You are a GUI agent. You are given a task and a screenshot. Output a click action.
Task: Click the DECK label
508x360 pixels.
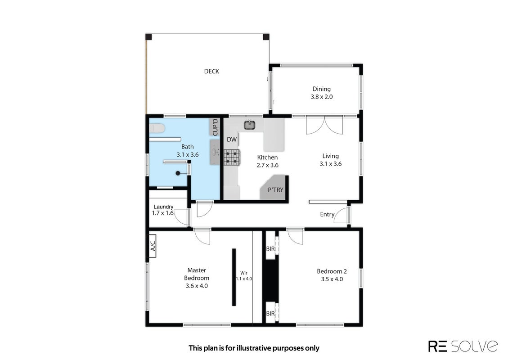[x=211, y=71]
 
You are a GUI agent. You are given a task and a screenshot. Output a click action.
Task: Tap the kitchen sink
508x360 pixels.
[x=250, y=125]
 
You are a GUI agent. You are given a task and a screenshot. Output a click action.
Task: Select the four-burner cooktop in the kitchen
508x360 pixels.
[x=232, y=157]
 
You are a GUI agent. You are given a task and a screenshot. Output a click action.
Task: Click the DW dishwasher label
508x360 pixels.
[x=232, y=139]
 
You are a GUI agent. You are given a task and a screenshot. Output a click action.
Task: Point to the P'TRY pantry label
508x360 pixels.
[x=275, y=190]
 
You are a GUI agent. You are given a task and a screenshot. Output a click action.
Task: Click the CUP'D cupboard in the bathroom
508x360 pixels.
[x=216, y=127]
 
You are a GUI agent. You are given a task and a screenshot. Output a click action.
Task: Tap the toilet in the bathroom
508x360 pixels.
[x=157, y=129]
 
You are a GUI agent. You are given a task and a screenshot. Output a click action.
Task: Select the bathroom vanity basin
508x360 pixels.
[x=215, y=152]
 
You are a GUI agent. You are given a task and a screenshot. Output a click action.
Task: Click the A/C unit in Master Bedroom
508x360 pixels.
[x=152, y=246]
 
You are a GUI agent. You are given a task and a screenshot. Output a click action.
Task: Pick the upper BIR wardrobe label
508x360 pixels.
[x=270, y=249]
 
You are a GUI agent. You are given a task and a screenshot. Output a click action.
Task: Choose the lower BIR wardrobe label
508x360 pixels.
[x=270, y=314]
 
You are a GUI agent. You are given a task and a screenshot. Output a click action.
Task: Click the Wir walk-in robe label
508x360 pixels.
[x=243, y=273]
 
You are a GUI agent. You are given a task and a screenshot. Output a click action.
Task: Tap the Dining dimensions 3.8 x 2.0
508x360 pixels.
[x=322, y=97]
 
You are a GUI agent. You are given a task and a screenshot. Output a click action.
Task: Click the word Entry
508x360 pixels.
[x=327, y=214]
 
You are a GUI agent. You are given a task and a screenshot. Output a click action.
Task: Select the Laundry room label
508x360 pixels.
[x=163, y=207]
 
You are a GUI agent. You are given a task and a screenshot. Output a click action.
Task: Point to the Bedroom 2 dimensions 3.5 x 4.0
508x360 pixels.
[x=332, y=279]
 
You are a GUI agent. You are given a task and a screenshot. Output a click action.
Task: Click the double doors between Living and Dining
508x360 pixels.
[x=324, y=125]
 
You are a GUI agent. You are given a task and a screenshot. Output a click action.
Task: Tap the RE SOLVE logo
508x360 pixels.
[x=463, y=346]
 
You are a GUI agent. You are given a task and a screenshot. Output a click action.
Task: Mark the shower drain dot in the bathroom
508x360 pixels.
[x=178, y=173]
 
